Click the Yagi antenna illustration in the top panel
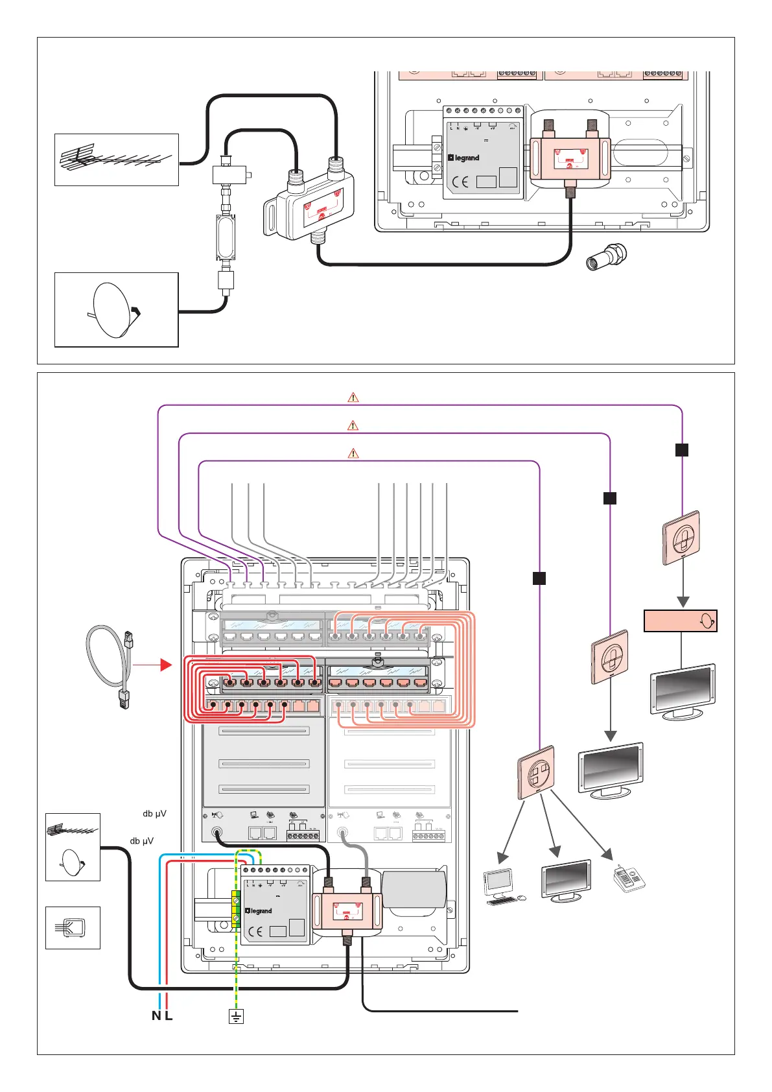116,159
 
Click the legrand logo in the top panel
464,158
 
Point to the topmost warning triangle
353,397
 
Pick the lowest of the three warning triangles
353,453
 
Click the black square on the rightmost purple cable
682,449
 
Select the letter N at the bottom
156,1016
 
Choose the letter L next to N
169,1016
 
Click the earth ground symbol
236,1016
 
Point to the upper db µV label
155,813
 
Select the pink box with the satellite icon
680,621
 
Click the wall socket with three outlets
536,772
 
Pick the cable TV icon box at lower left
73,927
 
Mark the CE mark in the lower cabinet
256,932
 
